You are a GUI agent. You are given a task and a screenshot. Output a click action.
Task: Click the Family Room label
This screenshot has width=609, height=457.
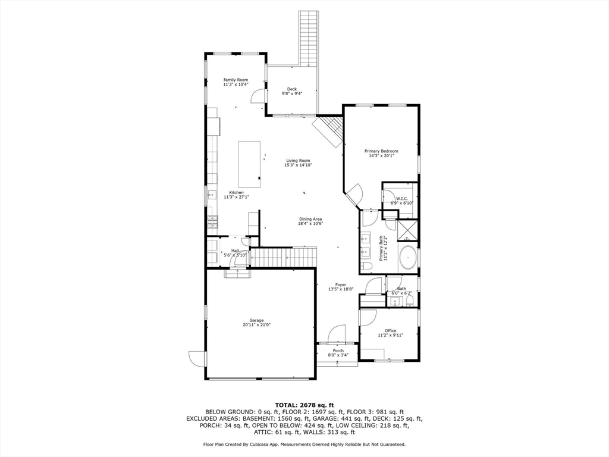pos(236,80)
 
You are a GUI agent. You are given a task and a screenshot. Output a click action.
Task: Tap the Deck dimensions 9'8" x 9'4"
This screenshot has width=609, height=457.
pos(292,93)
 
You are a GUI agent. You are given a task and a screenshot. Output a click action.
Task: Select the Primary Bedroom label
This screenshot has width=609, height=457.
pos(381,151)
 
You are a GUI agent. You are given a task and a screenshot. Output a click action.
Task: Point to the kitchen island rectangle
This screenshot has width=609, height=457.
pos(249,164)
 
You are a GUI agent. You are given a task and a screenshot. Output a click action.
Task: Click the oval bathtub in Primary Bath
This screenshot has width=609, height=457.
pos(408,257)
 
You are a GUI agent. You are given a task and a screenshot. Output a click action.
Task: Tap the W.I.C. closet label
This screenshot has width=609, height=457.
pos(401,199)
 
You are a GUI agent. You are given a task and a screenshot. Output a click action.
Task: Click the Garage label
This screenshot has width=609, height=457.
pos(256,321)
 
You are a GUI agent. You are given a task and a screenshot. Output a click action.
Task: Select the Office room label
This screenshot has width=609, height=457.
pos(390,331)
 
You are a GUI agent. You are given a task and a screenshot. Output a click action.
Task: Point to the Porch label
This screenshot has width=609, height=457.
pos(338,350)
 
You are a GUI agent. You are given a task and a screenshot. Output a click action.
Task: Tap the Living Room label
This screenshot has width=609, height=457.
pos(298,161)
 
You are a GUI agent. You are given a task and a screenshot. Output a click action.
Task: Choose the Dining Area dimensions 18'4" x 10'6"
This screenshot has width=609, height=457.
pos(310,224)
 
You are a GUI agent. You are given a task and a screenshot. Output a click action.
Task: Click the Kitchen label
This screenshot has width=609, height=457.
pos(236,193)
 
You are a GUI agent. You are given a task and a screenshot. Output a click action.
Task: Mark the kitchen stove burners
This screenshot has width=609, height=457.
pos(212,223)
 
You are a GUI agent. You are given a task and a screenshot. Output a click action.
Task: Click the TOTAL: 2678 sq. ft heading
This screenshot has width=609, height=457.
pos(304,405)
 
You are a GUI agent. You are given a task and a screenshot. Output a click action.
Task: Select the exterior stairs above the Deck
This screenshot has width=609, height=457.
pos(308,38)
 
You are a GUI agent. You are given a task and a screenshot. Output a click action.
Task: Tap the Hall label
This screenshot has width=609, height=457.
pos(235,251)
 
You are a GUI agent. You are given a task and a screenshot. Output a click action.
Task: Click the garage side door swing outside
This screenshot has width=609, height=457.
pos(196,358)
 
